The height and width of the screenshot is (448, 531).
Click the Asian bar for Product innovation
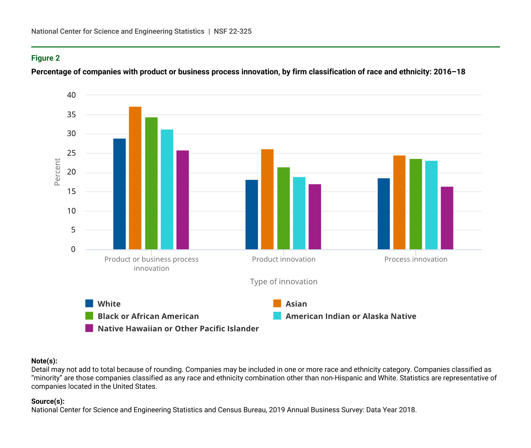pos(267,199)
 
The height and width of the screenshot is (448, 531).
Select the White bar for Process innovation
pos(384,214)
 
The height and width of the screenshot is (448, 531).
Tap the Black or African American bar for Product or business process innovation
pos(151,183)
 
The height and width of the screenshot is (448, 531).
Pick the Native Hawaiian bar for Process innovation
pos(447,218)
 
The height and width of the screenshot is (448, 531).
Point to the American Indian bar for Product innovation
pos(299,213)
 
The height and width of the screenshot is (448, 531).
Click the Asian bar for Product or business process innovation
pos(135,178)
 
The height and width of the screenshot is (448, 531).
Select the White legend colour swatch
pos(89,304)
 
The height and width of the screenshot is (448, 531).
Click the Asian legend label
pos(296,304)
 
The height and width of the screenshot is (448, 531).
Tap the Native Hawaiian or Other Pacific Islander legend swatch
pos(89,328)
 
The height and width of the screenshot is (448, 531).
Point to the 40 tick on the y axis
pos(72,95)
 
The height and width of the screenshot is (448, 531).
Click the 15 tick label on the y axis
pos(72,192)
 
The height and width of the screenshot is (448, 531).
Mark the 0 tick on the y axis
pos(73,249)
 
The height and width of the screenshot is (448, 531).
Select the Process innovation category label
pos(416,259)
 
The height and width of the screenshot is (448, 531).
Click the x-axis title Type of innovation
pos(283,282)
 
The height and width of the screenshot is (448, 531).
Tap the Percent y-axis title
pos(57,172)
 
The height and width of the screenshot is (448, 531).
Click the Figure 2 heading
pos(46,58)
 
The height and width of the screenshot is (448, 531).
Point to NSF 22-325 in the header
pos(233,31)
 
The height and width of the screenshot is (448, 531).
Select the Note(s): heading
pos(44,361)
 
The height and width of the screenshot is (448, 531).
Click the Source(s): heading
pos(48,401)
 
